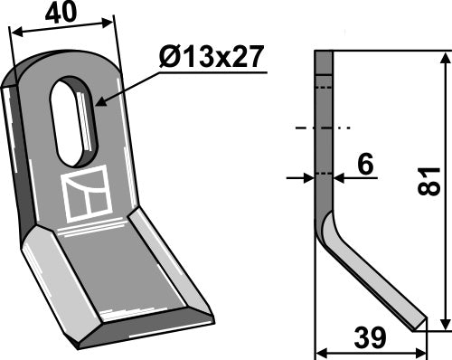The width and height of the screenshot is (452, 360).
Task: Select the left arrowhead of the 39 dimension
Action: click(319, 351)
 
